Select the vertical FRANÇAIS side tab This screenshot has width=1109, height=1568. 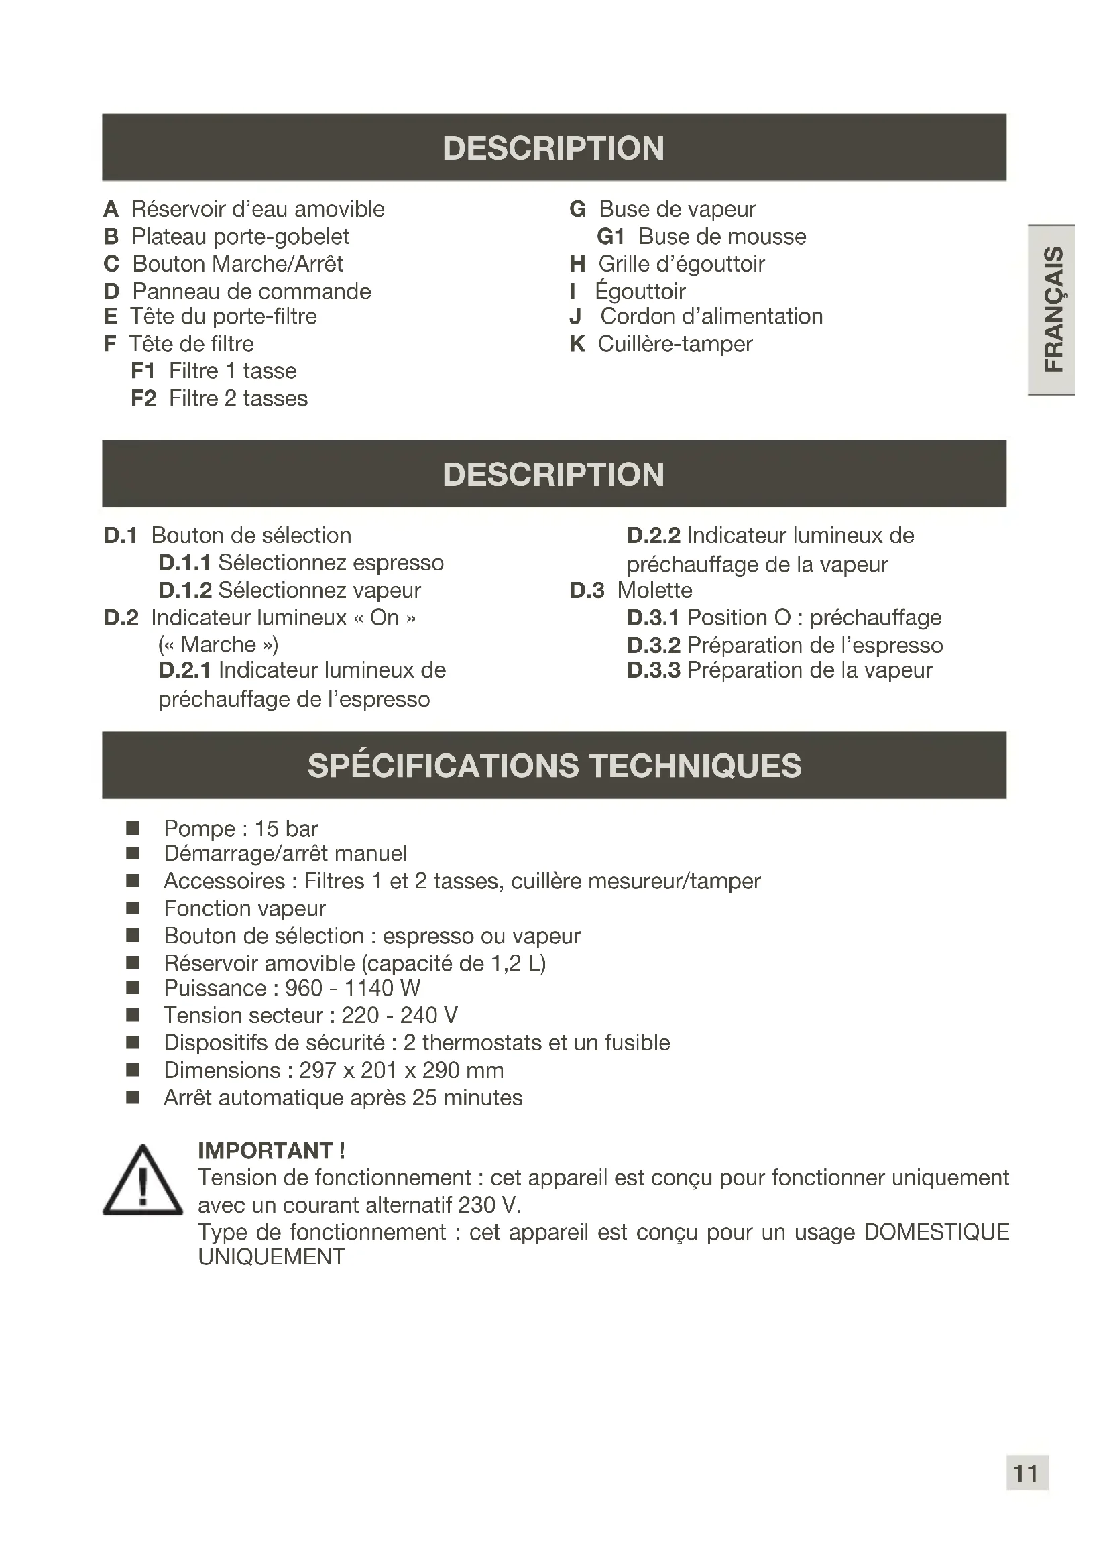(1053, 309)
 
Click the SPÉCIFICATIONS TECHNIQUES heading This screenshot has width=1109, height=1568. (554, 766)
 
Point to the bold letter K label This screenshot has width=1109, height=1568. (577, 344)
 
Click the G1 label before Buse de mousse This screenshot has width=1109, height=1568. (611, 237)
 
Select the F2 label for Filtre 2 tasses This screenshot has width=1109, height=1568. (143, 399)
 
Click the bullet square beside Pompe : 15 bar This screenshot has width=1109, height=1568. (133, 829)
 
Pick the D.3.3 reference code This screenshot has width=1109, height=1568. (654, 670)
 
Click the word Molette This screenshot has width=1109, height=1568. (654, 591)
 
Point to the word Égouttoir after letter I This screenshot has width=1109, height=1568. (640, 292)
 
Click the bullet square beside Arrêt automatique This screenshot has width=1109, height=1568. (133, 1098)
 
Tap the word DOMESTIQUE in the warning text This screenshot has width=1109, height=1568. (936, 1233)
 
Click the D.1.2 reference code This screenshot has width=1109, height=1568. (185, 591)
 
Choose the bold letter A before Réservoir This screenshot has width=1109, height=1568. (111, 210)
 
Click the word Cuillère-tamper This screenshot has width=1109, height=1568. (675, 344)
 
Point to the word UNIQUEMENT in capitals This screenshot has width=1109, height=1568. (272, 1257)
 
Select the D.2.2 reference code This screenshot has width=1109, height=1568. (654, 536)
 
